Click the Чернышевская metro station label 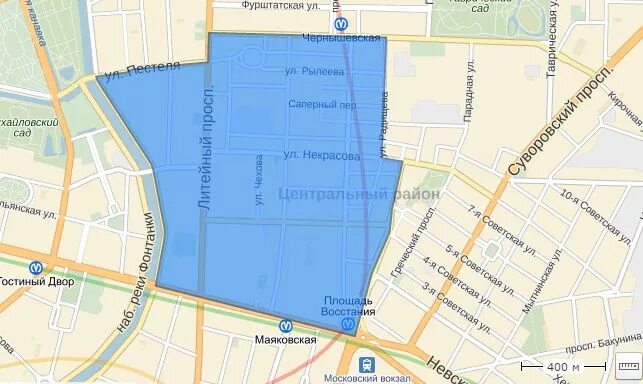pos(342,38)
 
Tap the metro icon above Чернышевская pos(342,21)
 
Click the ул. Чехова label pos(258,181)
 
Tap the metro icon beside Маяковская pos(285,324)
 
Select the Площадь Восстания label pos(347,305)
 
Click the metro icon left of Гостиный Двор pos(37,268)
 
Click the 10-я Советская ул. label pos(598,211)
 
